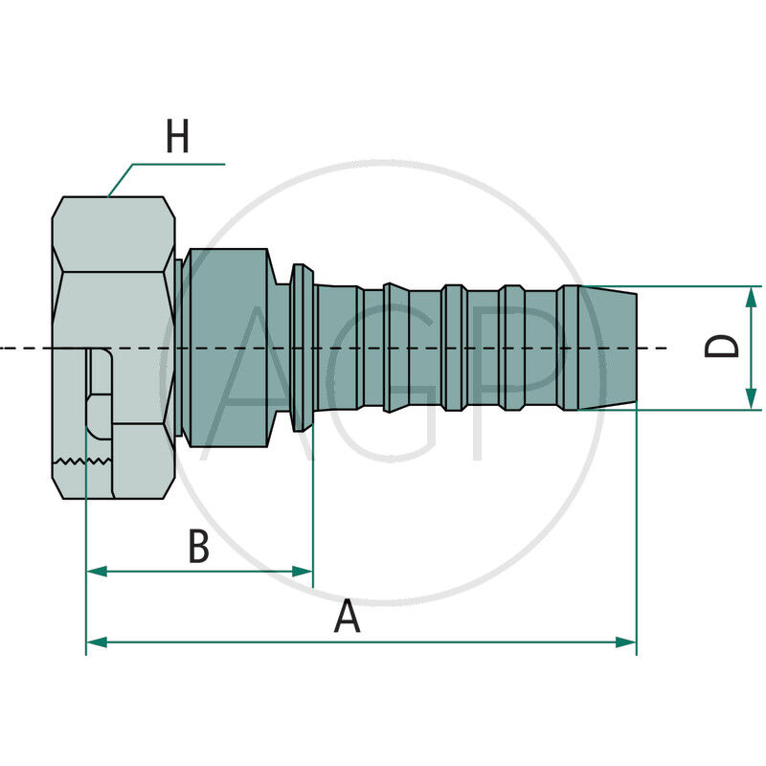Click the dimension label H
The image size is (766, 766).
pyautogui.click(x=177, y=136)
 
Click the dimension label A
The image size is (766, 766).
pyautogui.click(x=347, y=617)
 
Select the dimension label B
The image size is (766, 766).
pyautogui.click(x=198, y=548)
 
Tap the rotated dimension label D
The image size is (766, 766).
pyautogui.click(x=723, y=346)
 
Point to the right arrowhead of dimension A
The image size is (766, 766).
pyautogui.click(x=627, y=642)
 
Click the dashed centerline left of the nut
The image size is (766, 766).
pyautogui.click(x=24, y=348)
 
